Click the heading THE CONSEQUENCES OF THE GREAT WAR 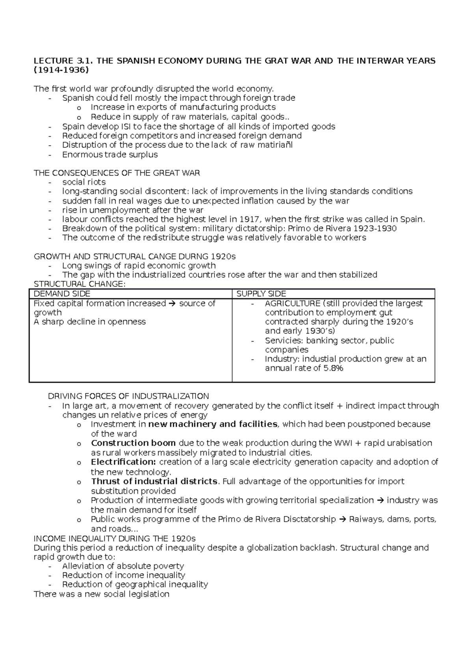point(117,173)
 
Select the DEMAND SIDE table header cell point(62,294)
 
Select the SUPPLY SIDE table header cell point(261,294)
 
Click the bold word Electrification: point(123,462)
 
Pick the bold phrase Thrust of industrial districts point(154,481)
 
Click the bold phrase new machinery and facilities point(212,424)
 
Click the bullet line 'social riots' point(84,182)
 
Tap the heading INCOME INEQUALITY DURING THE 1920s point(115,538)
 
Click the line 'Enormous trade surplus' point(110,155)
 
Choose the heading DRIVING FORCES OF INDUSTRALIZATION point(128,396)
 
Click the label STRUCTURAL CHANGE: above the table point(79,284)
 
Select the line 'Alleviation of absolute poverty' point(123,566)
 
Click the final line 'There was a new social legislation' point(102,594)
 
